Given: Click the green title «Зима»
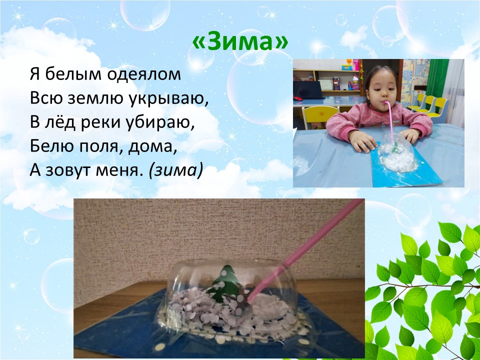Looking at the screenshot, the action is [240, 42].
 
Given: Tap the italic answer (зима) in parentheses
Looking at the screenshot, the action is [176, 170].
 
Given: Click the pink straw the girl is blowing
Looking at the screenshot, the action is [389, 122].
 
